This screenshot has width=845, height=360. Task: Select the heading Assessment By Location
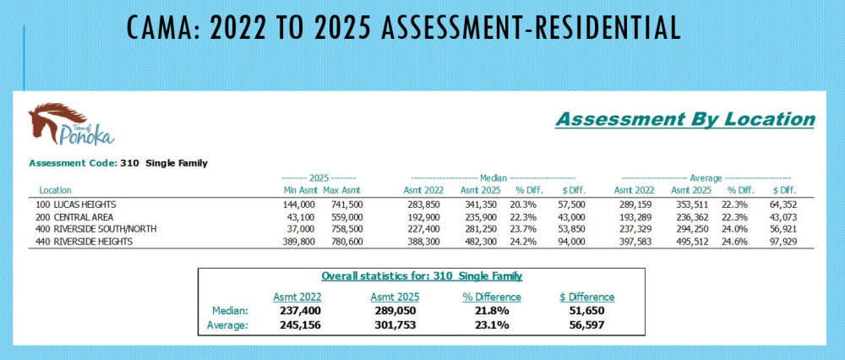[x=684, y=119]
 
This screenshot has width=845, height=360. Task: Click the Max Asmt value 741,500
[x=346, y=205]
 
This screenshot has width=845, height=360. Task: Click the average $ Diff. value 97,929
[x=780, y=241]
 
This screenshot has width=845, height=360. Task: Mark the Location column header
[x=56, y=190]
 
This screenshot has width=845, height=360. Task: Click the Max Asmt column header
[x=344, y=190]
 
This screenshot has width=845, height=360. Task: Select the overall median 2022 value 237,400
[x=297, y=311]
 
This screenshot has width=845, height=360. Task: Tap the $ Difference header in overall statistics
[x=586, y=297]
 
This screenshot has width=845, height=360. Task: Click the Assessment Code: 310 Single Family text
[x=118, y=162]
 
